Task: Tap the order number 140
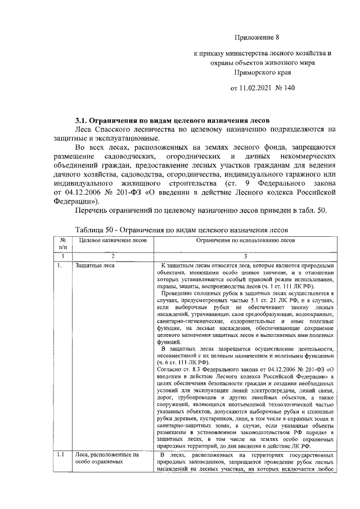pyautogui.click(x=289, y=89)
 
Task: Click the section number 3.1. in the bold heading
pyautogui.click(x=85, y=120)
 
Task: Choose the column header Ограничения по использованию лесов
pyautogui.click(x=245, y=240)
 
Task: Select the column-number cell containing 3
pyautogui.click(x=245, y=256)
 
